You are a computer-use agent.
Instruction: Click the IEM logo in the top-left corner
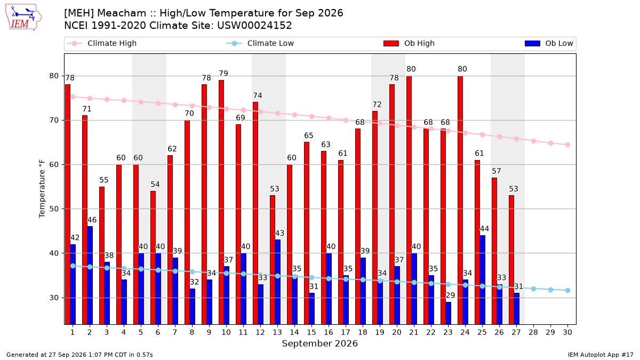pos(23,18)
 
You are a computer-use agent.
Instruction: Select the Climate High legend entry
pos(101,43)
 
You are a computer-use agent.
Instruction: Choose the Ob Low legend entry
pos(549,43)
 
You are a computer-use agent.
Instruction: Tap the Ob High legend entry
pos(409,43)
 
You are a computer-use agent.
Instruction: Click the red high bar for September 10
pos(221,202)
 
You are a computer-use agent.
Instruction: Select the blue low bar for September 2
pos(90,275)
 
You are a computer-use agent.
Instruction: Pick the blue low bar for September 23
pos(449,313)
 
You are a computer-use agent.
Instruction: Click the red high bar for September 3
pos(102,255)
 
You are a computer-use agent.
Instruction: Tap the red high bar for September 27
pos(511,260)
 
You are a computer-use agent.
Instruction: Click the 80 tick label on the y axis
pos(54,76)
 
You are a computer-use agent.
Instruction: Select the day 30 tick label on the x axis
pos(567,332)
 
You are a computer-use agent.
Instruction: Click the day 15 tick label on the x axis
pos(311,332)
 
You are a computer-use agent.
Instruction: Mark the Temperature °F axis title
pos(42,189)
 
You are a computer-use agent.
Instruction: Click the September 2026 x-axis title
pos(319,343)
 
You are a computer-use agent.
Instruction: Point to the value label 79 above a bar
pos(223,74)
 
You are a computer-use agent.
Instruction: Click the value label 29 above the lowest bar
pos(450,295)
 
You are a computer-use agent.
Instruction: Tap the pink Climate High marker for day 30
pos(567,145)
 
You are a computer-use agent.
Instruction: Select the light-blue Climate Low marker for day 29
pos(550,290)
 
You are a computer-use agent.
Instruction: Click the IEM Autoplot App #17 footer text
pos(601,355)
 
